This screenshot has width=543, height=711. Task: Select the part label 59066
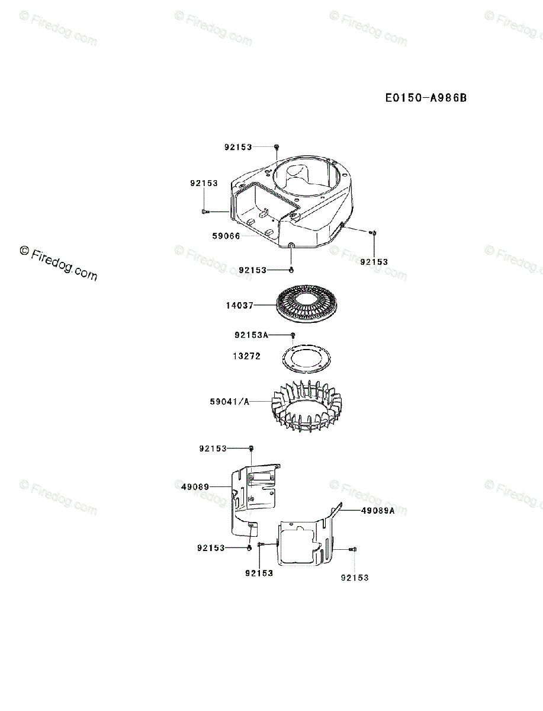226,236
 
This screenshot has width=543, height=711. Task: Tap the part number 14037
239,306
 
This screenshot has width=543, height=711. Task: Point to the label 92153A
251,335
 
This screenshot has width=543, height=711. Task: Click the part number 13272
246,357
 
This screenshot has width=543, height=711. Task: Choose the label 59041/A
229,402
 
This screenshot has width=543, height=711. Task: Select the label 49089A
377,510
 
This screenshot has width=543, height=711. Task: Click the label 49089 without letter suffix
195,486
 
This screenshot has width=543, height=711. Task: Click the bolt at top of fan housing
277,147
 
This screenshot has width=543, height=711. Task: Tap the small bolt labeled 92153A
292,336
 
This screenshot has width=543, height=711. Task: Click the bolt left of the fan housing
205,211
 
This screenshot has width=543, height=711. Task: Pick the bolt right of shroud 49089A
354,550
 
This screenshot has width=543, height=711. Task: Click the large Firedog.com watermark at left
58,263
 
